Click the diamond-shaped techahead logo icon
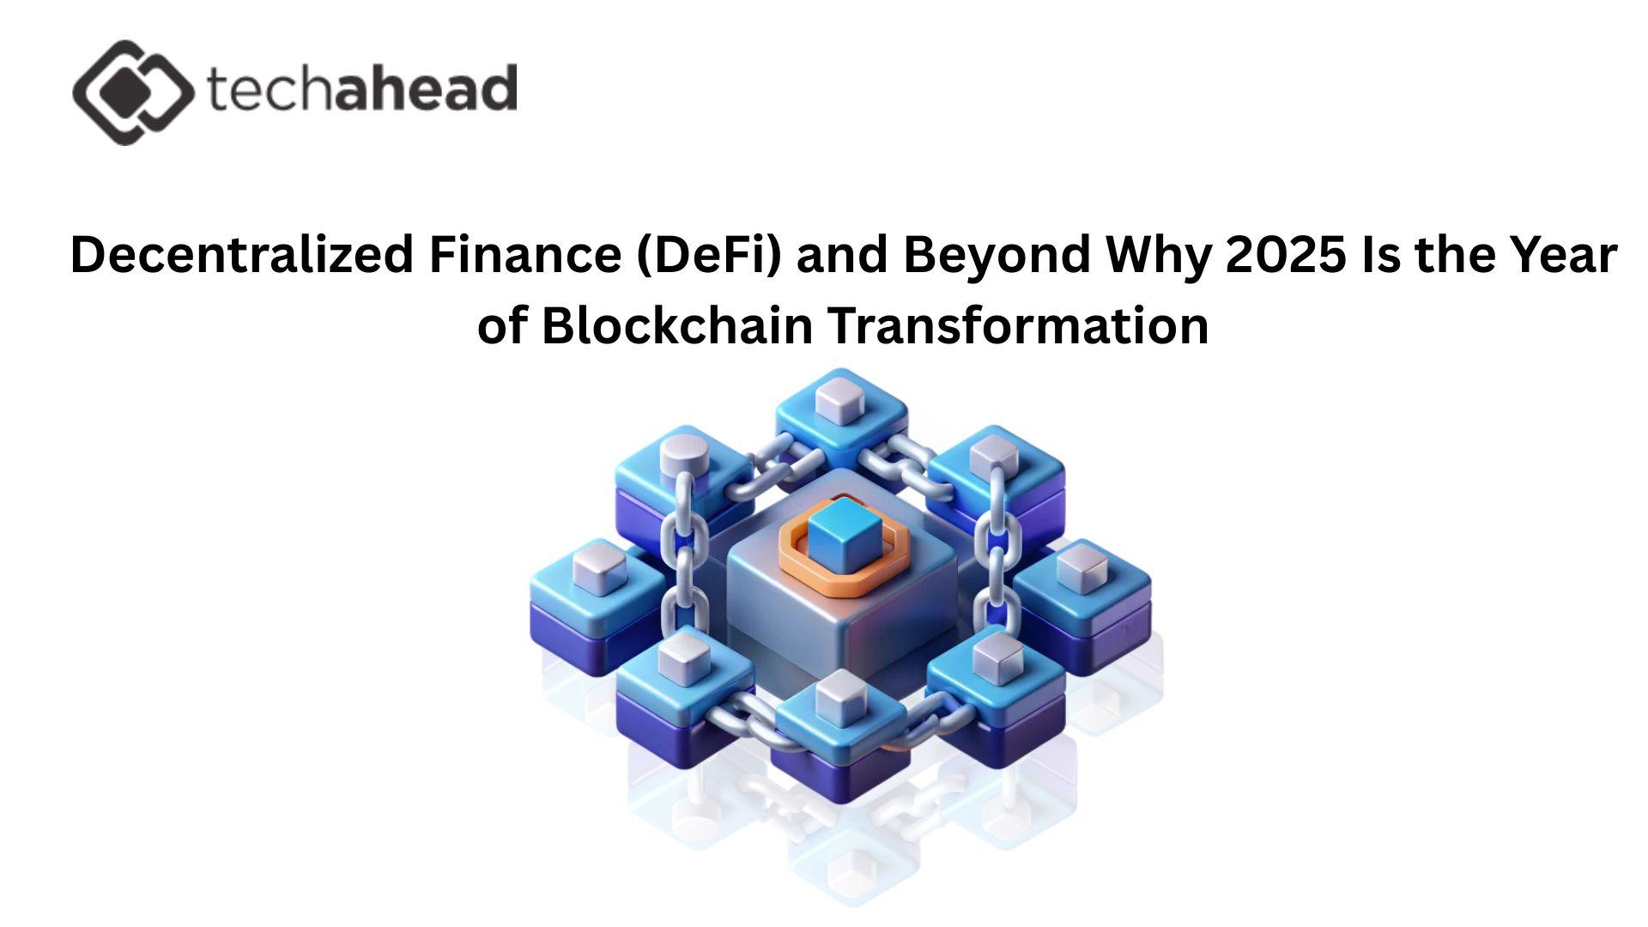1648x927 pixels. click(x=133, y=92)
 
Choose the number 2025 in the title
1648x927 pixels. click(x=1281, y=255)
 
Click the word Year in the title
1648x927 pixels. click(x=1561, y=255)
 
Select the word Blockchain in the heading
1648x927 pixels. click(x=677, y=326)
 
